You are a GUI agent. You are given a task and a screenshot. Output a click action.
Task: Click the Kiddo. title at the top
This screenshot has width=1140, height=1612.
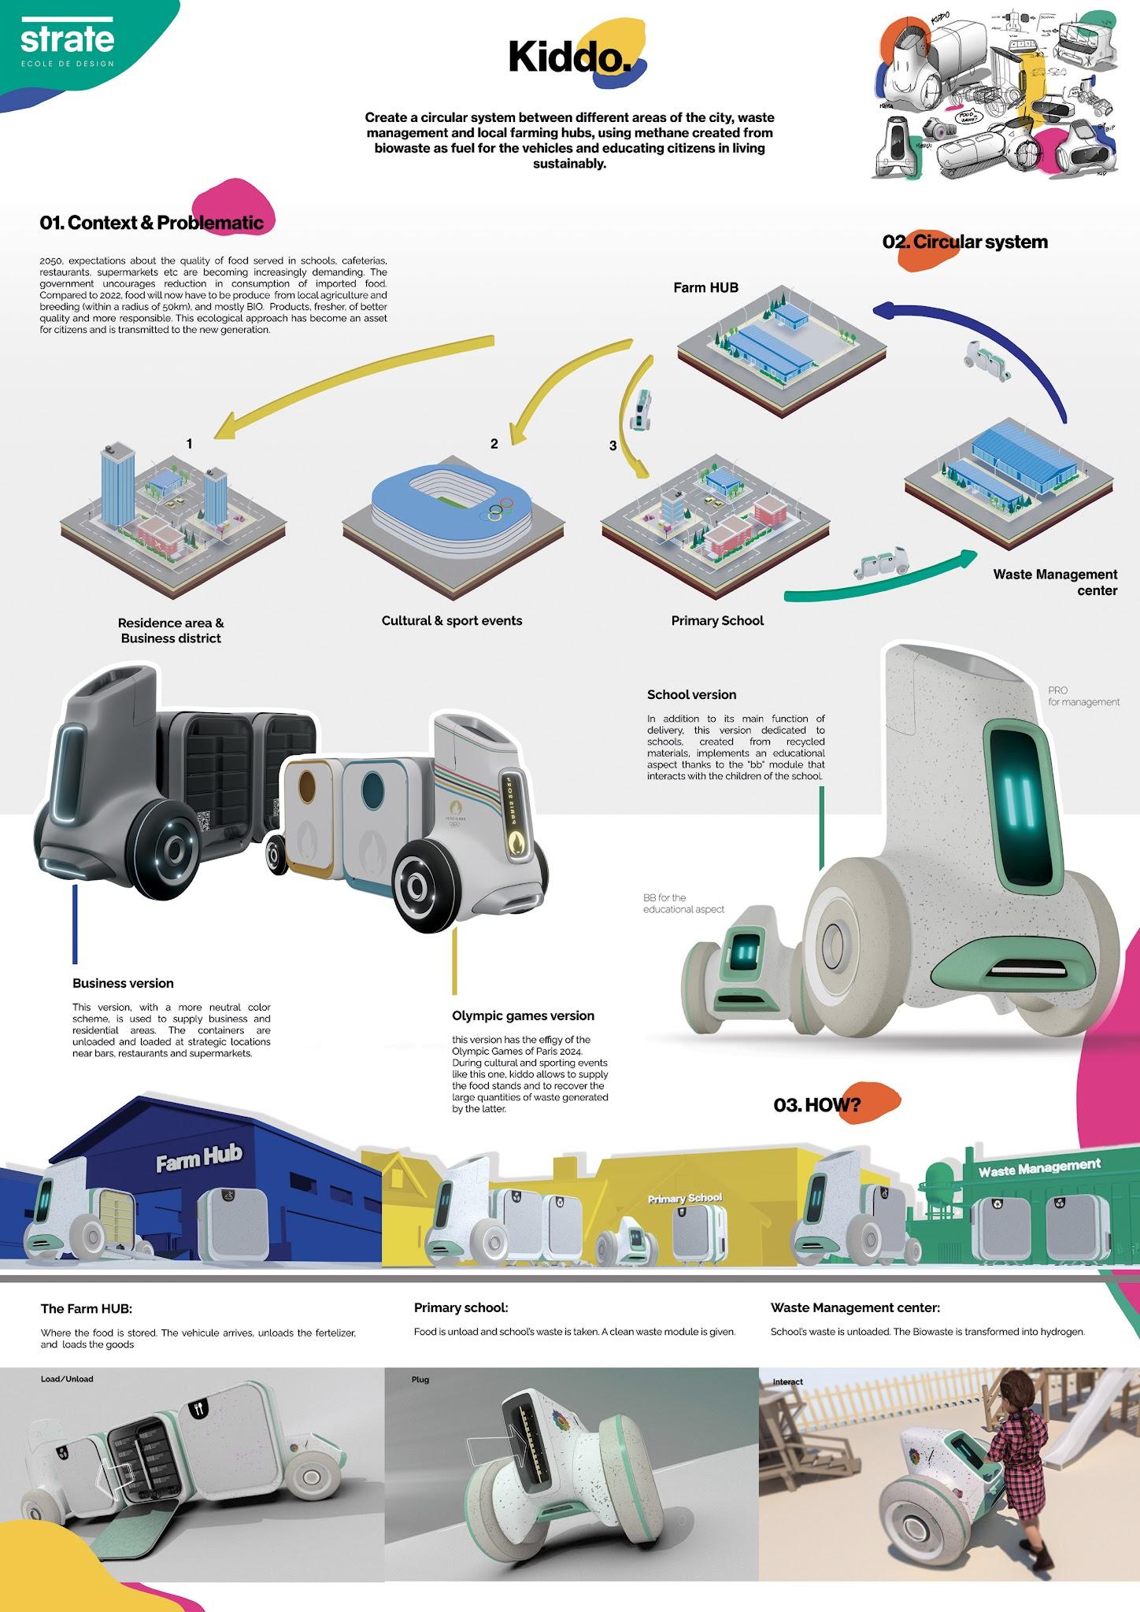(570, 57)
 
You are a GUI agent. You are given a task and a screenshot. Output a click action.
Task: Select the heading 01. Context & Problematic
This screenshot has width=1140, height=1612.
(152, 223)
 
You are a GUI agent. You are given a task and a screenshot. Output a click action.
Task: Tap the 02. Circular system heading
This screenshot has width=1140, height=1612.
(965, 242)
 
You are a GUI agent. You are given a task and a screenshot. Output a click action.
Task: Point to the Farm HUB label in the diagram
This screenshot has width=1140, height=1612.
(705, 288)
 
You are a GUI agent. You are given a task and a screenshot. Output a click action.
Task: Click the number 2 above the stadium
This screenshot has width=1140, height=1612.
(494, 444)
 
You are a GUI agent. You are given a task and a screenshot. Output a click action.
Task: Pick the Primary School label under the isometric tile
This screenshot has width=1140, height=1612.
(717, 621)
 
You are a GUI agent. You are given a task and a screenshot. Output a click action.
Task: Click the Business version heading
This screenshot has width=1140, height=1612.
(123, 983)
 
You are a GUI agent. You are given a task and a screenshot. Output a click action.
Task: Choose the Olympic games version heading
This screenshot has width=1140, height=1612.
(523, 1016)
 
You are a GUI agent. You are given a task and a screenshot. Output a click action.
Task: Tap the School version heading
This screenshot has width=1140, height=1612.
(691, 695)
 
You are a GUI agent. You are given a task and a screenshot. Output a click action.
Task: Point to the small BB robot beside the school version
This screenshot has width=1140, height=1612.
(728, 968)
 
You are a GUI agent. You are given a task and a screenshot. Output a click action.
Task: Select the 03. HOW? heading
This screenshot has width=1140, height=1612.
(817, 1105)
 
